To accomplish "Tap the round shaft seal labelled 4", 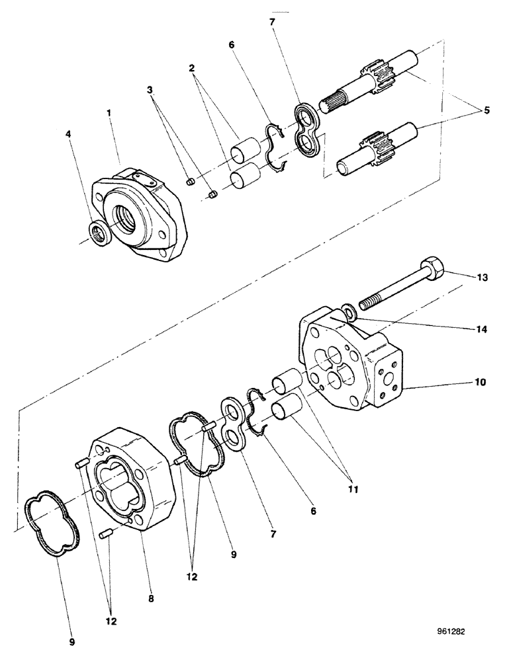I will pos(99,233).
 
